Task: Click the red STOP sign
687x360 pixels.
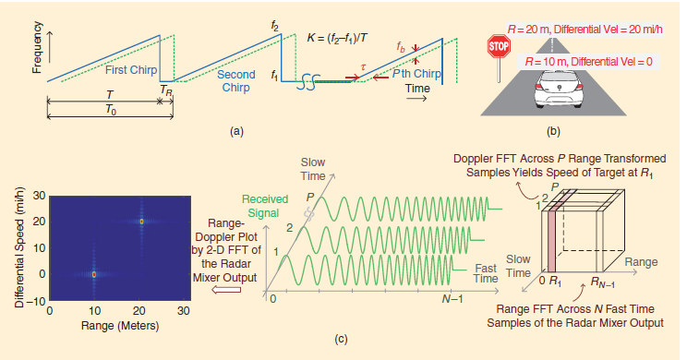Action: click(500, 46)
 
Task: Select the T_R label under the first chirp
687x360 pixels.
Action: click(164, 90)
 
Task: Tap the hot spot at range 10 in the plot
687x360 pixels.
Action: click(93, 274)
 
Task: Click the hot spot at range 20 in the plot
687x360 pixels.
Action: click(140, 222)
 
